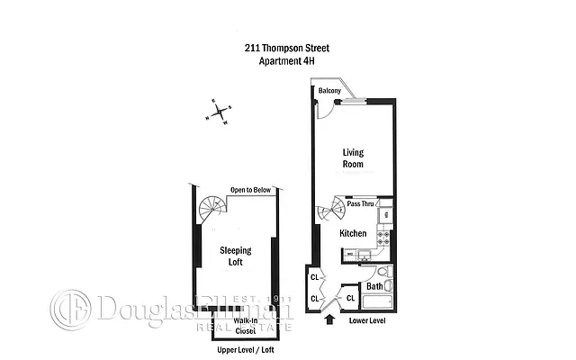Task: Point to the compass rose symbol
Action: click(219, 112)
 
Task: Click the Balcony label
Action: click(327, 91)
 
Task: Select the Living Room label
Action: click(353, 158)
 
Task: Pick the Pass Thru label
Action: click(362, 204)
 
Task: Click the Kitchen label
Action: click(353, 233)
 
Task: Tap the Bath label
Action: click(374, 287)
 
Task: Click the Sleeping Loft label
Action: click(236, 256)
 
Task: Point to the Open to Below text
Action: click(251, 190)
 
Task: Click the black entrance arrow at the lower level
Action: click(328, 318)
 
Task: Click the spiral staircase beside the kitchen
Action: click(331, 213)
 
